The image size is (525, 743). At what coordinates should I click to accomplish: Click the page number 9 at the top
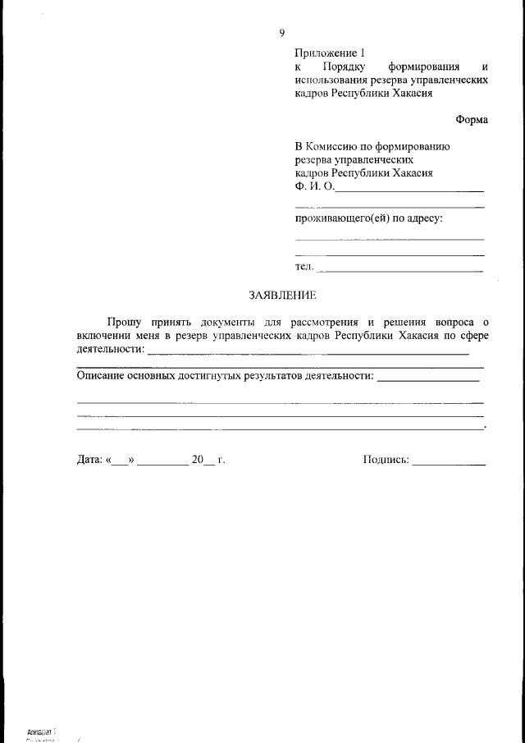point(281,33)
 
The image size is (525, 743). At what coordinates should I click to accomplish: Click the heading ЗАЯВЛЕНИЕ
point(282,295)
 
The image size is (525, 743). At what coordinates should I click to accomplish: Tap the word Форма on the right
point(472,120)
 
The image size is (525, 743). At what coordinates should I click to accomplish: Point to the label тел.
point(304,267)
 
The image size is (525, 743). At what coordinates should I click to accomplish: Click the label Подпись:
point(386,461)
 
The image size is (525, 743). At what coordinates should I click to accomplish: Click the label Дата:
point(89,461)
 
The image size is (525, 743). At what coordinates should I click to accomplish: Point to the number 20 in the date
point(197,461)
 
